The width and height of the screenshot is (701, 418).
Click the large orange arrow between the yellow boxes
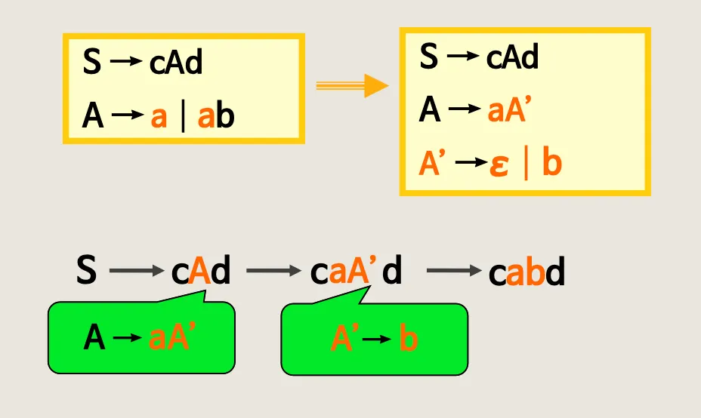(351, 86)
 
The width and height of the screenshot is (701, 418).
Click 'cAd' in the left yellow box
(176, 63)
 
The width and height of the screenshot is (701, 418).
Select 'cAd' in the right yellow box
(512, 57)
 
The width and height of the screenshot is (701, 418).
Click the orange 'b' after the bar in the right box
(551, 164)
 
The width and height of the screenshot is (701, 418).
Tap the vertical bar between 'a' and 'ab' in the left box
(183, 118)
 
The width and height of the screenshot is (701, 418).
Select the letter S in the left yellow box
(91, 63)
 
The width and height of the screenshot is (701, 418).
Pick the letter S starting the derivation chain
(87, 270)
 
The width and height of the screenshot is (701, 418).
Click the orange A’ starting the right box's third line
(431, 165)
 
